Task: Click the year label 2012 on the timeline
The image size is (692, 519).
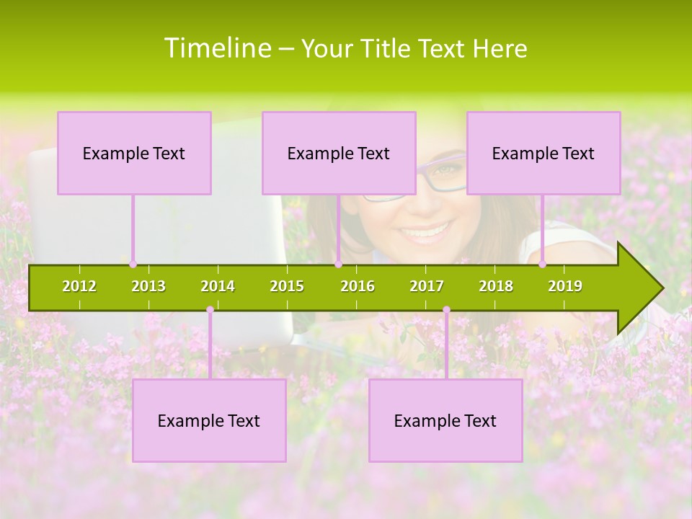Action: [79, 286]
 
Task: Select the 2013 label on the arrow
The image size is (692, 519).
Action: [148, 286]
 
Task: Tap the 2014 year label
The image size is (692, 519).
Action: [218, 286]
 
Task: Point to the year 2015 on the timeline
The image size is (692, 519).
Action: [287, 286]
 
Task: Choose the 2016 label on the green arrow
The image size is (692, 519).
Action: [358, 286]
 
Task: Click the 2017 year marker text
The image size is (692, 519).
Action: [427, 286]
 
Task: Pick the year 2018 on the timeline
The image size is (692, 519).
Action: [496, 286]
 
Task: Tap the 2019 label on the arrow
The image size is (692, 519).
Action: [565, 286]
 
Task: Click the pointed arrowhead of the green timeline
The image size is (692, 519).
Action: [645, 288]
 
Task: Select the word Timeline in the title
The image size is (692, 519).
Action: [216, 48]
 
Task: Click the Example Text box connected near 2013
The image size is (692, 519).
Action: [134, 153]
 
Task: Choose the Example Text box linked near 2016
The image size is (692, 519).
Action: [339, 153]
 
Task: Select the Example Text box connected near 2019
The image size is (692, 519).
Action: [544, 153]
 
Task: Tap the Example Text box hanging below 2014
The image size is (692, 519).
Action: [209, 420]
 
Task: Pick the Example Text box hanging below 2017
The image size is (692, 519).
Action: [445, 420]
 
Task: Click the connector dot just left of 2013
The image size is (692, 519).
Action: [133, 265]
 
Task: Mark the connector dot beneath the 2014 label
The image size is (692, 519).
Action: [210, 310]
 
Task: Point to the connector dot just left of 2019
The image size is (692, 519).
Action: [543, 265]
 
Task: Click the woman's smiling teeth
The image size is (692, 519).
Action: [425, 233]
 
